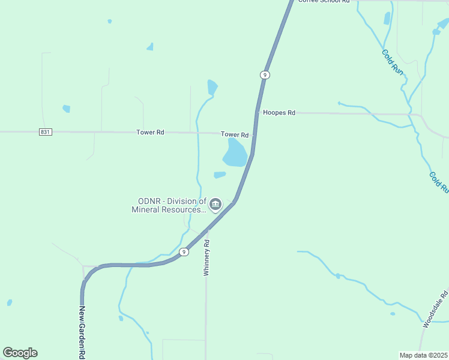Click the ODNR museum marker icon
coord(215,205)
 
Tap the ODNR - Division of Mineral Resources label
coord(169,205)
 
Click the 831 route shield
coord(46,131)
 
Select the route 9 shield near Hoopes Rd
coord(265,74)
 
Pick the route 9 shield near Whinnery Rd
coord(184,252)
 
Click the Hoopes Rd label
coord(280,113)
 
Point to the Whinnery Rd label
coord(206,258)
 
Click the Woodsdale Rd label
coord(435,308)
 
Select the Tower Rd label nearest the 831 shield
coord(150,132)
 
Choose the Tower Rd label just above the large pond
coord(234,135)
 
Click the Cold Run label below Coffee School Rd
coord(393,61)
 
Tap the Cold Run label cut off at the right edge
coord(438,182)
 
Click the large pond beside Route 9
coord(235,154)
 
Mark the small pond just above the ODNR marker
coord(220,175)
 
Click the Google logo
coord(20,353)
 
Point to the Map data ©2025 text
coord(423,355)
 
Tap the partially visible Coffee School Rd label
coord(324,2)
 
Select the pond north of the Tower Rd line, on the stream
coord(212,87)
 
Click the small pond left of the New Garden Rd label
coord(9,302)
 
